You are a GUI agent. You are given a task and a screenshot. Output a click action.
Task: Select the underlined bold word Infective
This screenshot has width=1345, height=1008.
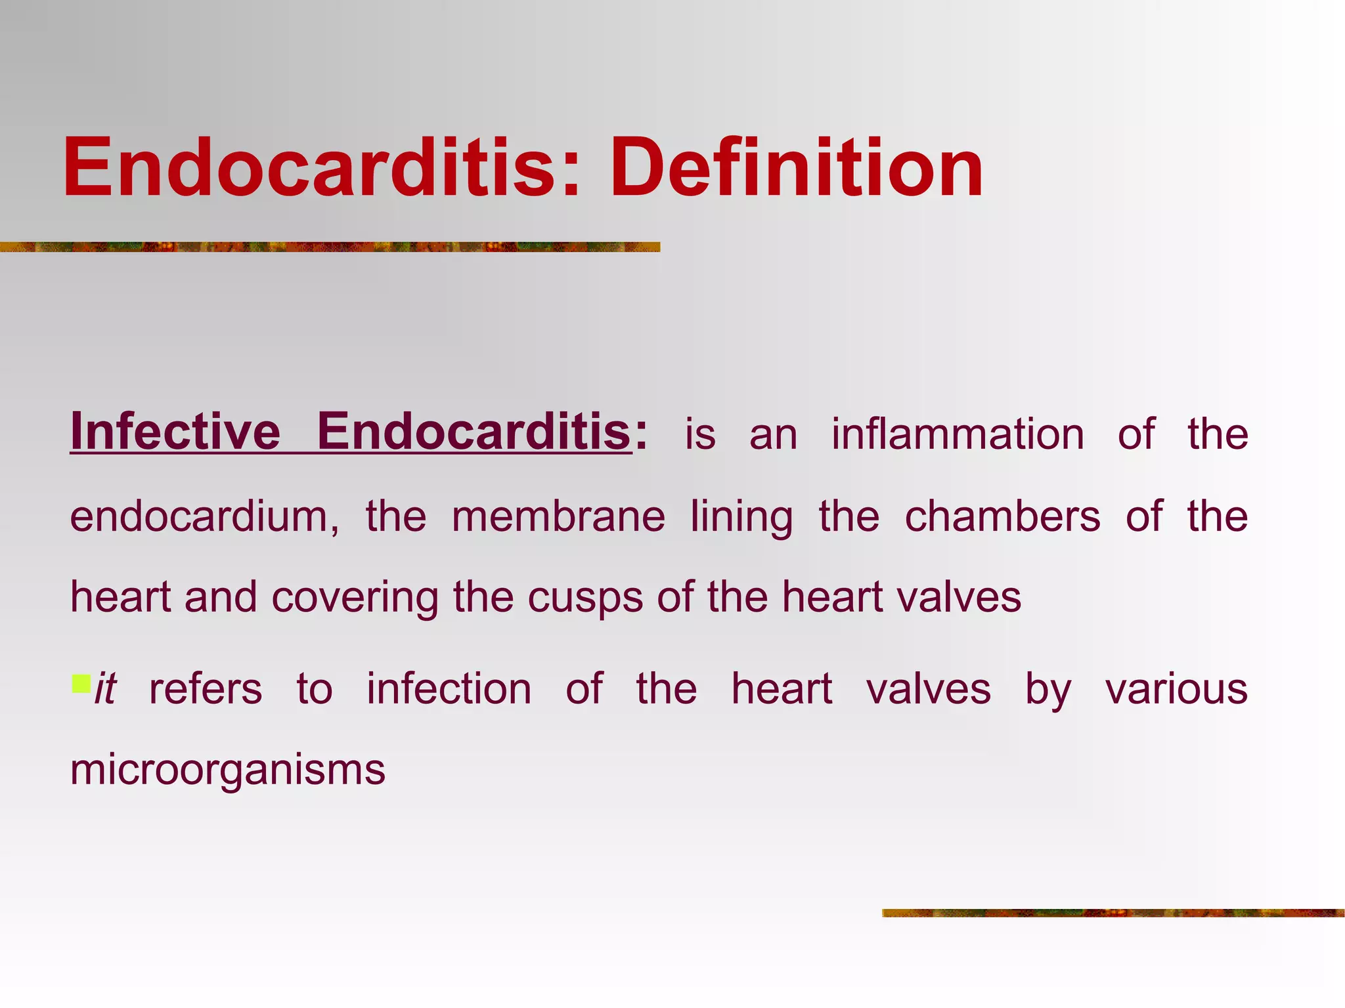click(175, 432)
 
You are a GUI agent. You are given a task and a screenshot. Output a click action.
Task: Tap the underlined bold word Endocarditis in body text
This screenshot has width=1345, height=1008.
click(474, 432)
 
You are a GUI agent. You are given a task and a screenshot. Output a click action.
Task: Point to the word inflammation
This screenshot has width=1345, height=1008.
click(958, 434)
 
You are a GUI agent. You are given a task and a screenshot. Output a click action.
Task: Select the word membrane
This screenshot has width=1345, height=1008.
click(558, 516)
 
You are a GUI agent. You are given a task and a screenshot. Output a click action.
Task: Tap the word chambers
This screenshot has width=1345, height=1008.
click(1002, 516)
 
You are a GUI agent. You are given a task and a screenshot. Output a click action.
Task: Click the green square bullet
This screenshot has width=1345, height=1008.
click(81, 683)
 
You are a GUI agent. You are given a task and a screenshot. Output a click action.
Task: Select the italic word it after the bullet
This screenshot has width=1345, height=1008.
click(106, 689)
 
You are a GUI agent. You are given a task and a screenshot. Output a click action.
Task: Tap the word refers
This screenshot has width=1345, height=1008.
click(206, 689)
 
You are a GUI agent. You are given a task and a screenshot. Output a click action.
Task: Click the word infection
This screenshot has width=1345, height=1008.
click(449, 689)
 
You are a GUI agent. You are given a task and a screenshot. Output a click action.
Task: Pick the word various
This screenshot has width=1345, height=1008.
click(1176, 689)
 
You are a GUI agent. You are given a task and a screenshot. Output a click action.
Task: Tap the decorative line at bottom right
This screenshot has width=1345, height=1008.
click(1113, 913)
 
